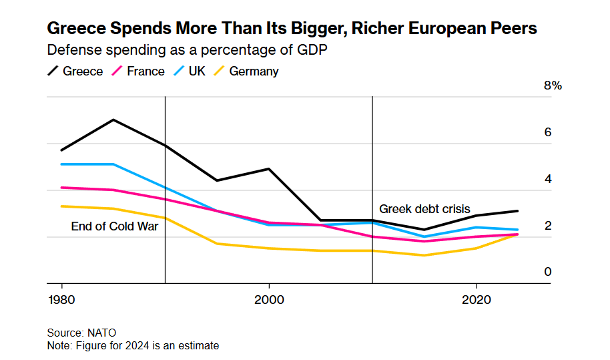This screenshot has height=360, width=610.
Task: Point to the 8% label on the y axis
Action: [x=553, y=85]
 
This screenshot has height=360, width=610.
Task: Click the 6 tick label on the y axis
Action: [x=548, y=132]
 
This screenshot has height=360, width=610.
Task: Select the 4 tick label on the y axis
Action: [x=548, y=179]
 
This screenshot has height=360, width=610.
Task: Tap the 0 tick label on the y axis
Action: [x=548, y=272]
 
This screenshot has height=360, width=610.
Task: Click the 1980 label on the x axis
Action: [x=62, y=299]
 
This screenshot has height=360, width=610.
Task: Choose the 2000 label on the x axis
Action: [x=269, y=299]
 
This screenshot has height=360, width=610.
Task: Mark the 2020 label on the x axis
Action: [x=476, y=299]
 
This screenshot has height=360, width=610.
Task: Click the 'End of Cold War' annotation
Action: [x=115, y=226]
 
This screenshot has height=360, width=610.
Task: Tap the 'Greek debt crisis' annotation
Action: [x=424, y=209]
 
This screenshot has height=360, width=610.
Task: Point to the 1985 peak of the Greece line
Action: [x=113, y=120]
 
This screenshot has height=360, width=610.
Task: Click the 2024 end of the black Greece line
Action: [x=517, y=211]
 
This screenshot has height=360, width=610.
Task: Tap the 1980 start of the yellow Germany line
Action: [x=62, y=206]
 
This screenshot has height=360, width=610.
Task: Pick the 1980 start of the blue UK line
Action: [x=62, y=164]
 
